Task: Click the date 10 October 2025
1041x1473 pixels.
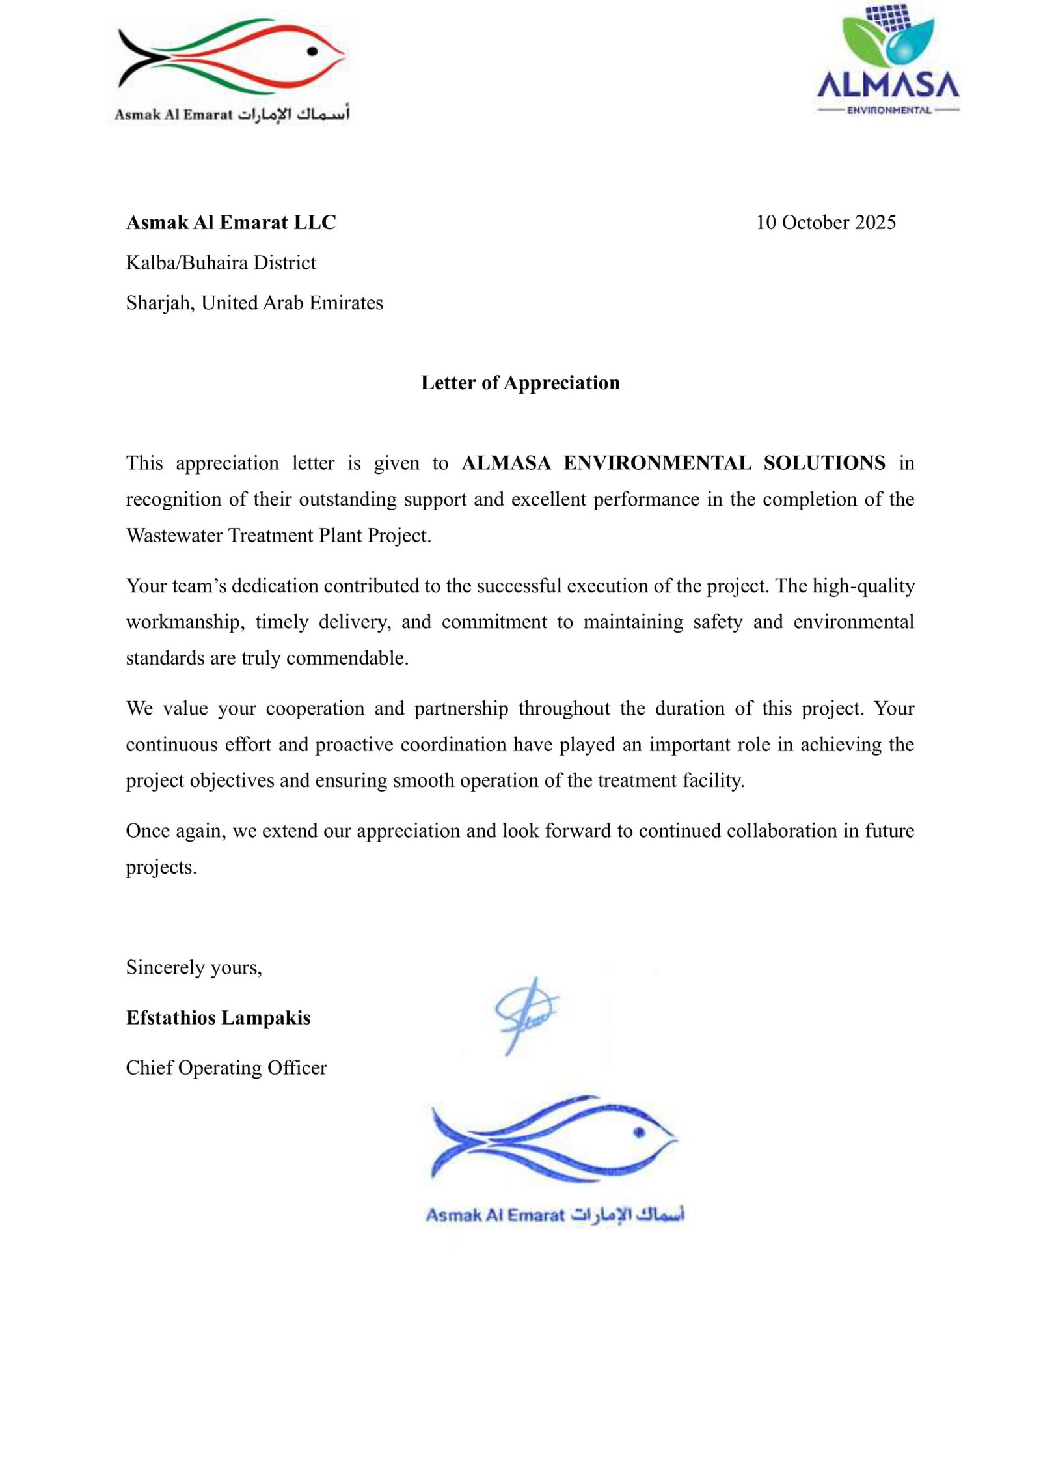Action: coord(825,223)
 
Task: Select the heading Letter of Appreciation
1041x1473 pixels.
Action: coord(520,383)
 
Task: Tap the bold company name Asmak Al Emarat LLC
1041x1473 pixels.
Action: coord(231,223)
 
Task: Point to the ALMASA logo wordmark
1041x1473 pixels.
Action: coord(887,85)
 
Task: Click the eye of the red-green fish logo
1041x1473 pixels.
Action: coord(312,51)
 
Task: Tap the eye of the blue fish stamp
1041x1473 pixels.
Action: coord(639,1133)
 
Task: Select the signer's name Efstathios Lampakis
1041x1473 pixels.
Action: coord(218,1017)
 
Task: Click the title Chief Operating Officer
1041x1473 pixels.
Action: coord(226,1067)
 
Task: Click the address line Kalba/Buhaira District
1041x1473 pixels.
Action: coord(221,263)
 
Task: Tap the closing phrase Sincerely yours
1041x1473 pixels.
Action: coord(194,967)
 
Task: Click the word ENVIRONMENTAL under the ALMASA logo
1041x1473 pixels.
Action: coord(889,111)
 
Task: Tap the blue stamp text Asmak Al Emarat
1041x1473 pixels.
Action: coord(494,1215)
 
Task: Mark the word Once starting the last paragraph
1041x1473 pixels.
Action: coord(147,831)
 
